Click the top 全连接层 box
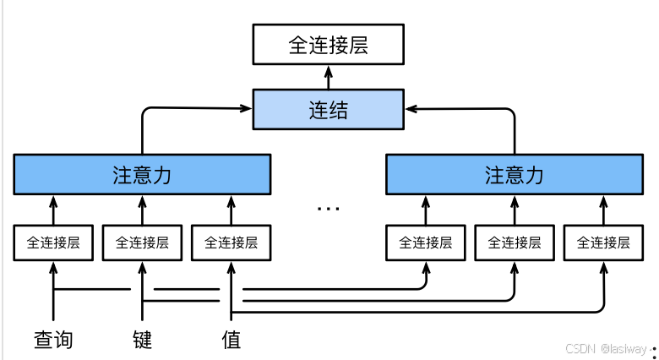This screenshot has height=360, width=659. [329, 44]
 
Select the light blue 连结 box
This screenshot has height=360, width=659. [329, 109]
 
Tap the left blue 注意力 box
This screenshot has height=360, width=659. [142, 175]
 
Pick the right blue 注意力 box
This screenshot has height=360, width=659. [515, 175]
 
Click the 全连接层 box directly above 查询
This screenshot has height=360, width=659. [53, 243]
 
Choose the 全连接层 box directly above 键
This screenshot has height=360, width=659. [142, 243]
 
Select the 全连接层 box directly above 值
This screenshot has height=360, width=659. [231, 243]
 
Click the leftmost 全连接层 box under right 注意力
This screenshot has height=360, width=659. [426, 243]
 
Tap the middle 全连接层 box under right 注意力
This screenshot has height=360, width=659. [515, 243]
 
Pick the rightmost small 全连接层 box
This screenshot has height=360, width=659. [603, 243]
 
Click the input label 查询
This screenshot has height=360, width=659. [53, 340]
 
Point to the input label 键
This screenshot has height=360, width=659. [142, 340]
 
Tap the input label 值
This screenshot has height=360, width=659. [231, 340]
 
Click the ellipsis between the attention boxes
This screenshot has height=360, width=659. [329, 208]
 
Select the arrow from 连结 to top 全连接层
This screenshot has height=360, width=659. [329, 78]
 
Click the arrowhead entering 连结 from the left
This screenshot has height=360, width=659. [246, 108]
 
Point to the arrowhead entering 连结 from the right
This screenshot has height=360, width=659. [411, 109]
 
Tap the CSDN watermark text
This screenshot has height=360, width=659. [606, 349]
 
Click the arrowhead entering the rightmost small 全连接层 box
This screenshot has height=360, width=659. [603, 268]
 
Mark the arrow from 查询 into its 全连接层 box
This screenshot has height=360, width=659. [53, 291]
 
